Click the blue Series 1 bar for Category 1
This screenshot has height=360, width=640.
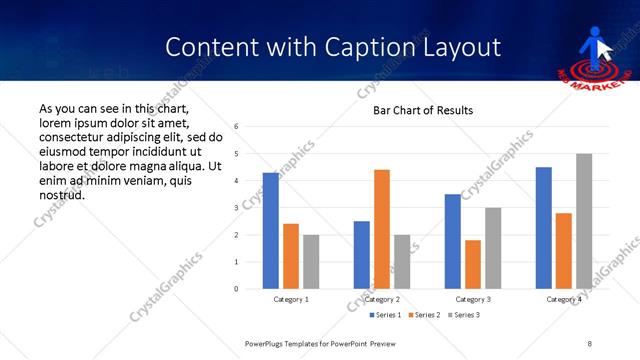click(x=271, y=231)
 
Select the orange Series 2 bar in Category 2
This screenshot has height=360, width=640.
click(x=382, y=229)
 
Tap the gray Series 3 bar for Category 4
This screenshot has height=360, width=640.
click(x=584, y=221)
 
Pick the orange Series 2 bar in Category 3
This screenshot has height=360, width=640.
click(x=473, y=264)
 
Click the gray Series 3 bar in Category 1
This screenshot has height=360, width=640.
click(x=311, y=262)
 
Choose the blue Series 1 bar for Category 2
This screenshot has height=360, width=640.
click(x=362, y=255)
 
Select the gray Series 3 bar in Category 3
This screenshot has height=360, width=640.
click(x=493, y=248)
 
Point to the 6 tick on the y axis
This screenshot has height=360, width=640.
click(x=237, y=126)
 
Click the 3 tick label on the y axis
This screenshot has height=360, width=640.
click(x=237, y=207)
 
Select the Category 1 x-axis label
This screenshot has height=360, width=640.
click(x=291, y=299)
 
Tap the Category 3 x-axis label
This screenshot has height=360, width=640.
click(x=473, y=299)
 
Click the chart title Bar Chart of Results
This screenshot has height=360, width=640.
click(x=423, y=110)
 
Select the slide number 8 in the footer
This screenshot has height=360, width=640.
click(x=590, y=342)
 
